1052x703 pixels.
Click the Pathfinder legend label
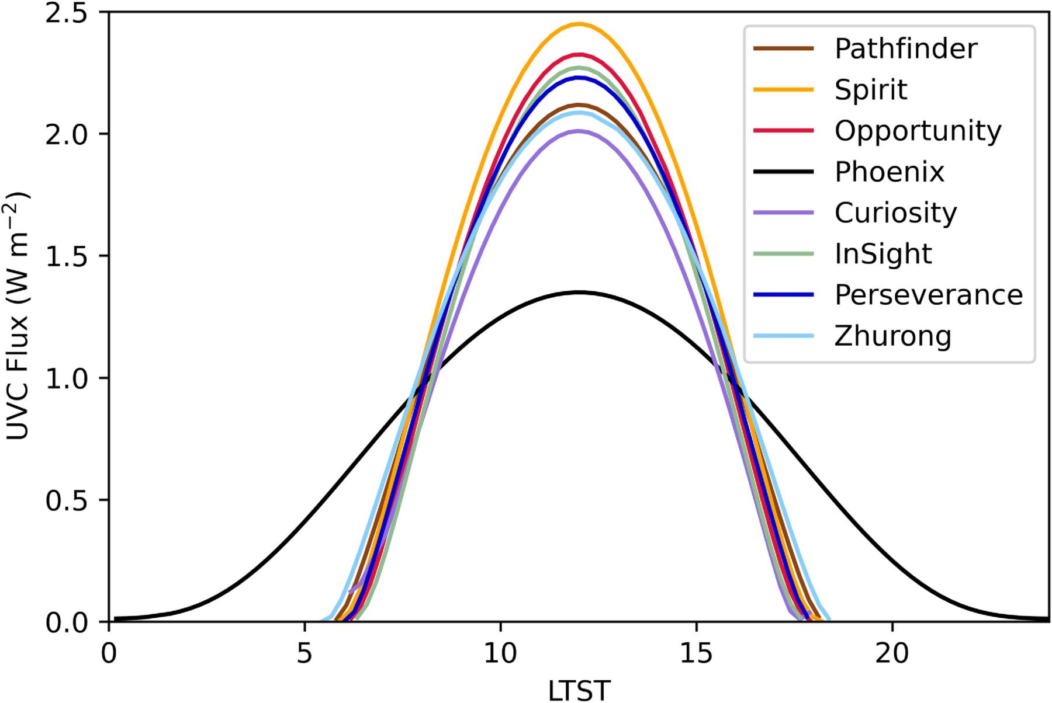pyautogui.click(x=905, y=48)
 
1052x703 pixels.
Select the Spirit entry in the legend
pyautogui.click(x=871, y=90)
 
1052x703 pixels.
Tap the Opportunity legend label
pyautogui.click(x=918, y=131)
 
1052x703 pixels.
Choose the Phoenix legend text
pyautogui.click(x=889, y=172)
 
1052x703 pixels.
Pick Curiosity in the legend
pyautogui.click(x=895, y=213)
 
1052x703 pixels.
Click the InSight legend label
pyautogui.click(x=883, y=254)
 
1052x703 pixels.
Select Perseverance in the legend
pyautogui.click(x=928, y=295)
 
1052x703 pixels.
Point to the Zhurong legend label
pyautogui.click(x=892, y=336)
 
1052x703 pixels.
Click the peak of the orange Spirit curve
pyautogui.click(x=579, y=24)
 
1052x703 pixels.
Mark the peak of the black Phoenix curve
pyautogui.click(x=579, y=292)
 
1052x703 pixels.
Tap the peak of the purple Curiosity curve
pyautogui.click(x=579, y=131)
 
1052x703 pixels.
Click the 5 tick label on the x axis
pyautogui.click(x=304, y=653)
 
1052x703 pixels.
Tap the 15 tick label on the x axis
pyautogui.click(x=696, y=653)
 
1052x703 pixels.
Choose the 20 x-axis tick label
pyautogui.click(x=892, y=653)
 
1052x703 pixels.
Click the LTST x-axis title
pyautogui.click(x=579, y=690)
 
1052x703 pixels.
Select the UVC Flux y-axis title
pyautogui.click(x=19, y=316)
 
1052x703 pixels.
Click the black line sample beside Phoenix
pyautogui.click(x=783, y=172)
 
